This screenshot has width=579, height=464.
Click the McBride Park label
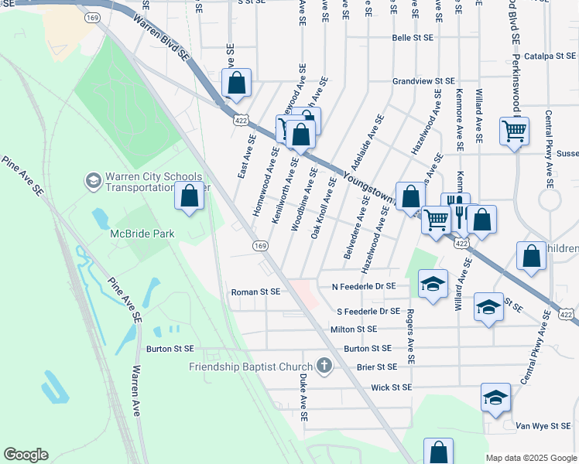[143, 233]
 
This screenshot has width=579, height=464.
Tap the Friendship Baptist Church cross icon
[324, 365]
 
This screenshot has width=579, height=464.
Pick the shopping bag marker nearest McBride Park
[190, 198]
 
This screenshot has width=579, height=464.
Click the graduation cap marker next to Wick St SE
[495, 398]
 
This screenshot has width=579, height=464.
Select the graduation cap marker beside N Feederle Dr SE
[433, 284]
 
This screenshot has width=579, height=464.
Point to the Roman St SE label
[255, 292]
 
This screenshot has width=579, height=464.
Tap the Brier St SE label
[376, 367]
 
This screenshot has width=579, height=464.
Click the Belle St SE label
[413, 37]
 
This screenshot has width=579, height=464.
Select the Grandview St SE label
[423, 80]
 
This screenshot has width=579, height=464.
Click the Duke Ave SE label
[303, 398]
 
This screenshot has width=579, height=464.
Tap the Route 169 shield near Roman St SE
[260, 245]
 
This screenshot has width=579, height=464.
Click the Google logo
[26, 455]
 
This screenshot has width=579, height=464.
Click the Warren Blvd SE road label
[161, 35]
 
